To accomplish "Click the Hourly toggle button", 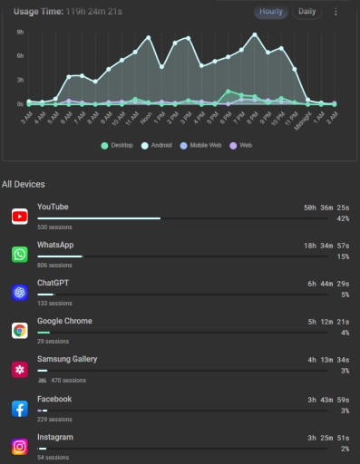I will tap(270, 12).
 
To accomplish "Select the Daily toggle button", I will tap(307, 12).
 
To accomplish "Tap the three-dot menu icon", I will tap(336, 12).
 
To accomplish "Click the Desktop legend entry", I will tap(118, 145).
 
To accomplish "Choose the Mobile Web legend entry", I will tap(201, 145).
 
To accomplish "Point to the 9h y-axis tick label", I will tap(20, 31).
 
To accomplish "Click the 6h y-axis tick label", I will tap(20, 55).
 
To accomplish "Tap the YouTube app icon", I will tap(19, 216).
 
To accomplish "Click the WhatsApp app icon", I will tap(19, 255).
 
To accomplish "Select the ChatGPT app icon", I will tap(19, 293).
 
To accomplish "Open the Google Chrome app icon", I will tap(19, 331).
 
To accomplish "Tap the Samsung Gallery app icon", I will tap(19, 370).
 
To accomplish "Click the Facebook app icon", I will tap(19, 409).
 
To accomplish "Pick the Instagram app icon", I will tap(19, 447).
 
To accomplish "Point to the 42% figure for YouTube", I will tap(343, 219).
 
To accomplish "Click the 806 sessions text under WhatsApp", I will tap(54, 266).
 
